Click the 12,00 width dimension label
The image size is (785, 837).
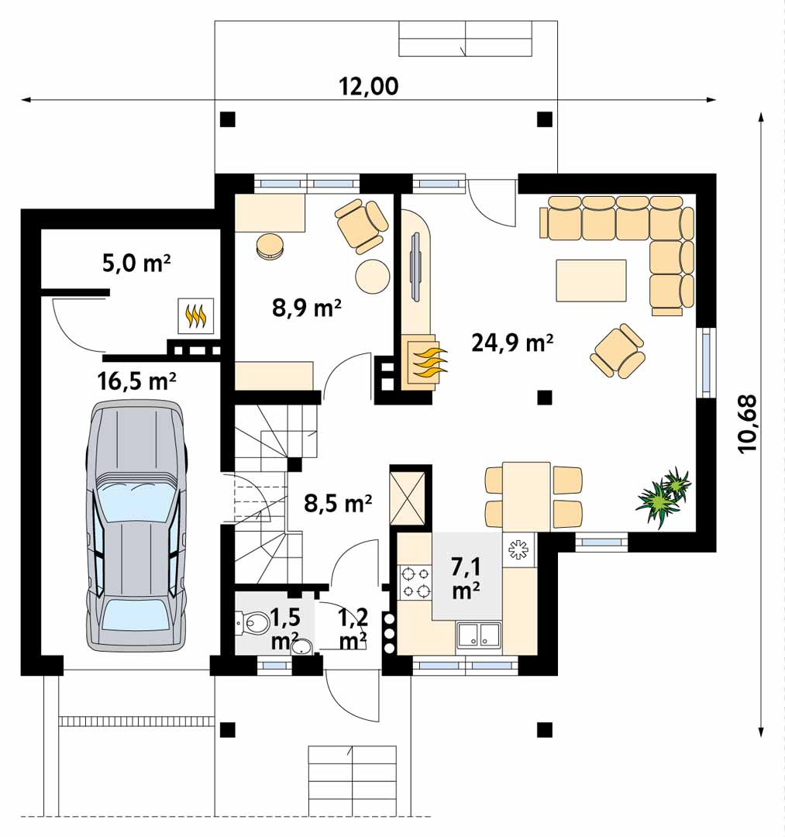(x=369, y=86)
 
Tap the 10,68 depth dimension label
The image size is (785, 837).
(x=748, y=424)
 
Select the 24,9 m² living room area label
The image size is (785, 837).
(x=511, y=343)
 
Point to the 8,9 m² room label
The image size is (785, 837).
(x=307, y=308)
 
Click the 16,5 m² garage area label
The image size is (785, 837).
(x=136, y=381)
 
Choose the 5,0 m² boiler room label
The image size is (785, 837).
(x=136, y=263)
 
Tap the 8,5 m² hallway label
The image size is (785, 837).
(x=339, y=502)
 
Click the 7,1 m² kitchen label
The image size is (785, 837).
(x=466, y=577)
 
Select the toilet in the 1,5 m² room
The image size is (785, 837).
(x=252, y=622)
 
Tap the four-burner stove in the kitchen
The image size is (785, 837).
(x=415, y=582)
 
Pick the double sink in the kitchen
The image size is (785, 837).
(x=479, y=635)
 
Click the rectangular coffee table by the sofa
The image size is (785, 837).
(x=591, y=281)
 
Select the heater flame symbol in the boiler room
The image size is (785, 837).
(x=196, y=316)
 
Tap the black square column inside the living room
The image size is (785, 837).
(x=544, y=397)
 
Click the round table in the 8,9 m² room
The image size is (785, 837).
(x=373, y=276)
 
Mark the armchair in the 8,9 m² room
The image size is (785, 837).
(x=361, y=225)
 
